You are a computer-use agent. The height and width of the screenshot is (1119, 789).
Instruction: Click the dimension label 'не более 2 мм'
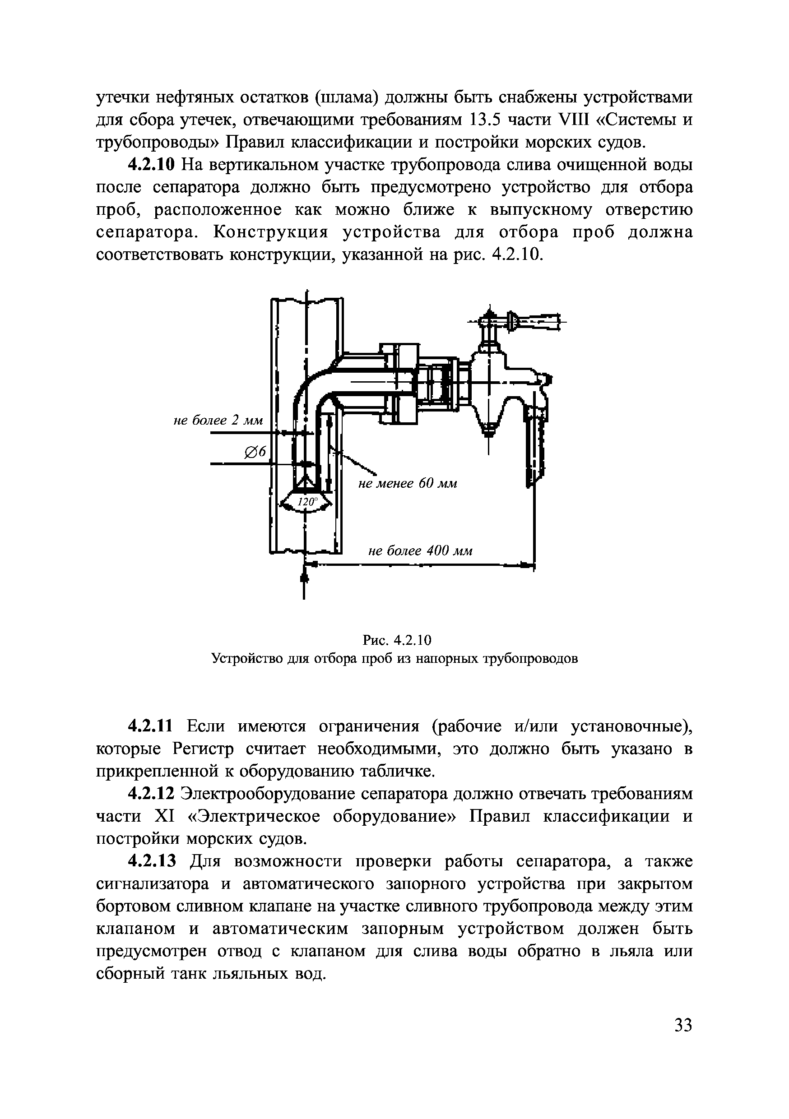(x=218, y=420)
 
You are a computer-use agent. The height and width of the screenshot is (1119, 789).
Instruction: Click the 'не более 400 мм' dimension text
(x=420, y=551)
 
